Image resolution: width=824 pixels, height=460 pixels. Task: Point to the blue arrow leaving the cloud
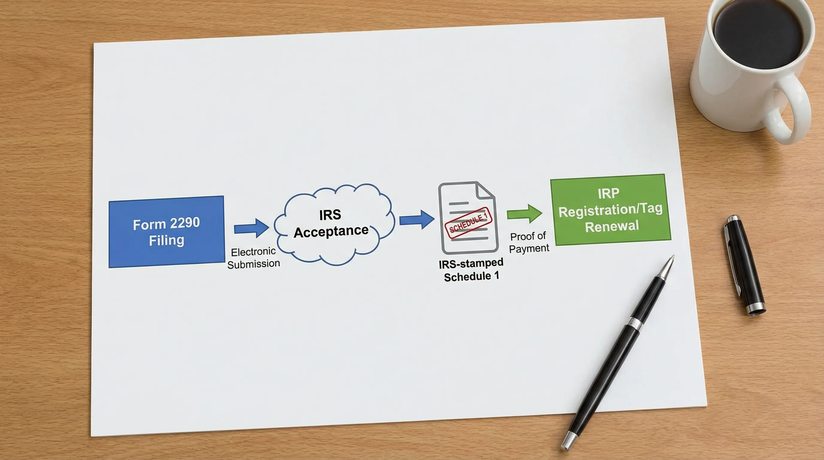(417, 220)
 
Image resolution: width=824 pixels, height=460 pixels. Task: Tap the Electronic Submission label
(253, 258)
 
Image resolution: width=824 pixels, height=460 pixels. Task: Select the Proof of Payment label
(529, 243)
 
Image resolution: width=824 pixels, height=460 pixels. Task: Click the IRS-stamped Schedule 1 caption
(471, 270)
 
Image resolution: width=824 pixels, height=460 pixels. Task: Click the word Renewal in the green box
(612, 226)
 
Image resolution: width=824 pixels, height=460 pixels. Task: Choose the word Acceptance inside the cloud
(331, 231)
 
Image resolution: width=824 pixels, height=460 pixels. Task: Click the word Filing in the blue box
(167, 240)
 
